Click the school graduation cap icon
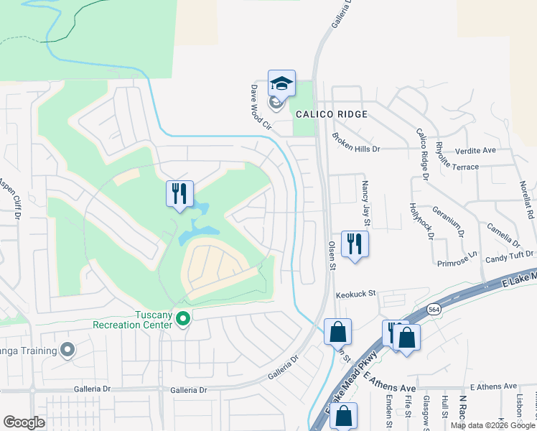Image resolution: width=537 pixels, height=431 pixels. tap(281, 84)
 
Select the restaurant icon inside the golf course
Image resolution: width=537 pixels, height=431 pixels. tap(179, 193)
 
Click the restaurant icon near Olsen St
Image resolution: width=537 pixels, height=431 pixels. tap(355, 244)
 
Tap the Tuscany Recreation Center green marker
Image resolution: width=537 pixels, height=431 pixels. tap(183, 318)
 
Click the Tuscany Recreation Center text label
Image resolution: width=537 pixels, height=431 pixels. tap(133, 320)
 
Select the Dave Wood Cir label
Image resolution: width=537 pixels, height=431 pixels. tap(258, 106)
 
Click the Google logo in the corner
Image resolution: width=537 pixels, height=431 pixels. tap(24, 422)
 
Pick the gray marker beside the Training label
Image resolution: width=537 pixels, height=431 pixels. tap(68, 351)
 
